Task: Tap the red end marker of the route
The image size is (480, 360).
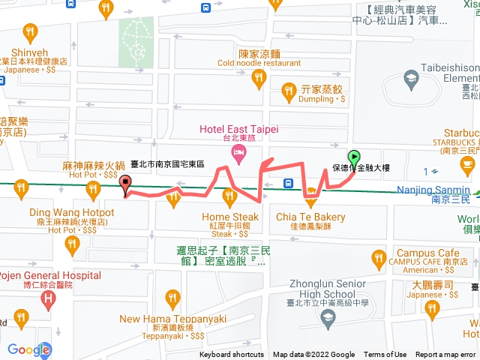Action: (125, 184)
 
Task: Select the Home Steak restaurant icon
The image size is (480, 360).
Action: (230, 197)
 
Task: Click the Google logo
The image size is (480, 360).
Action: (28, 349)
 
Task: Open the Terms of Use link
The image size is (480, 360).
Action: (385, 355)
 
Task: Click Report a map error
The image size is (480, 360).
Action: (445, 355)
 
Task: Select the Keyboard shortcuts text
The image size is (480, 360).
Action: (232, 355)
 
